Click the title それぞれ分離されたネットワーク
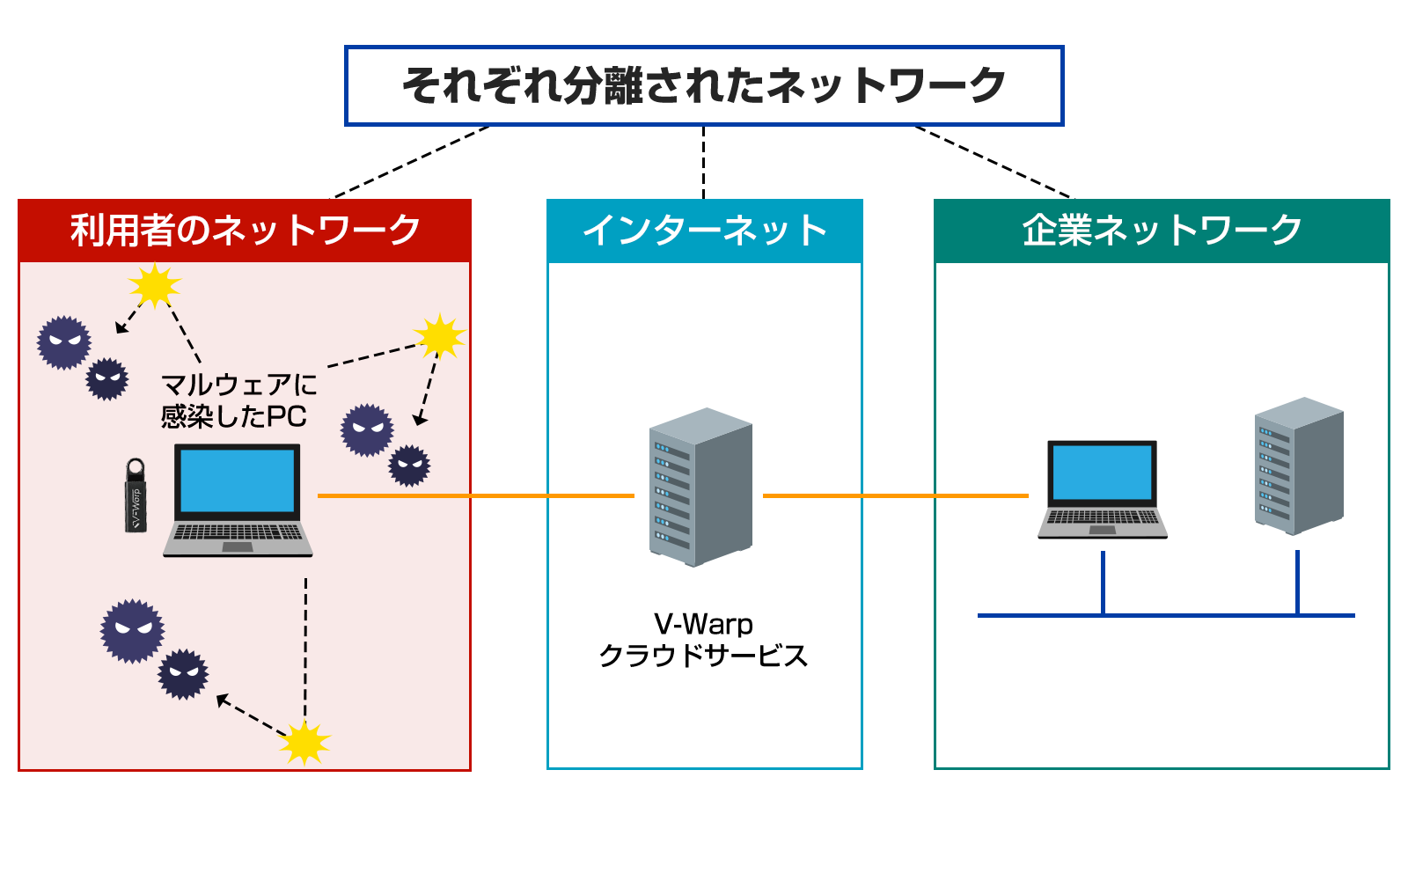click(704, 86)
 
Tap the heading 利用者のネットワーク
click(246, 231)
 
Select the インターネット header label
click(705, 231)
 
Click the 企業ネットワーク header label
click(1162, 231)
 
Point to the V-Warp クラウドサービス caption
click(703, 640)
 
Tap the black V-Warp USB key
click(136, 497)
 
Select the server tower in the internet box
click(700, 487)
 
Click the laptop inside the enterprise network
click(1102, 489)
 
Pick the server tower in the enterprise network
click(1299, 466)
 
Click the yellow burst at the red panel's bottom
click(304, 743)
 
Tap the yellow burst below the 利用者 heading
click(154, 285)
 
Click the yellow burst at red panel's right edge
click(439, 336)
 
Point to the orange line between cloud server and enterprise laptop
click(896, 495)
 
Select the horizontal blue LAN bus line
click(1166, 615)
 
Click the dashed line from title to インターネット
click(704, 163)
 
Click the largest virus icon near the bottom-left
click(133, 630)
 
